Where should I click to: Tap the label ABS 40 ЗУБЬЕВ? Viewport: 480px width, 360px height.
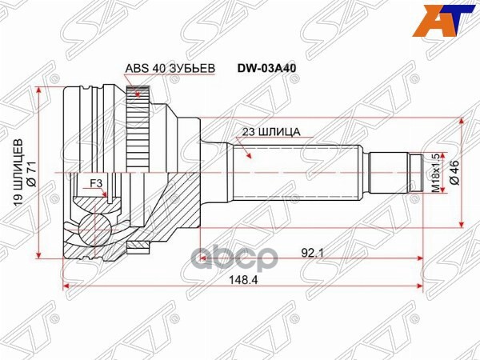point(170,69)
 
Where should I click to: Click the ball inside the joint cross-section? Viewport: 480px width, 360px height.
point(94,229)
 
